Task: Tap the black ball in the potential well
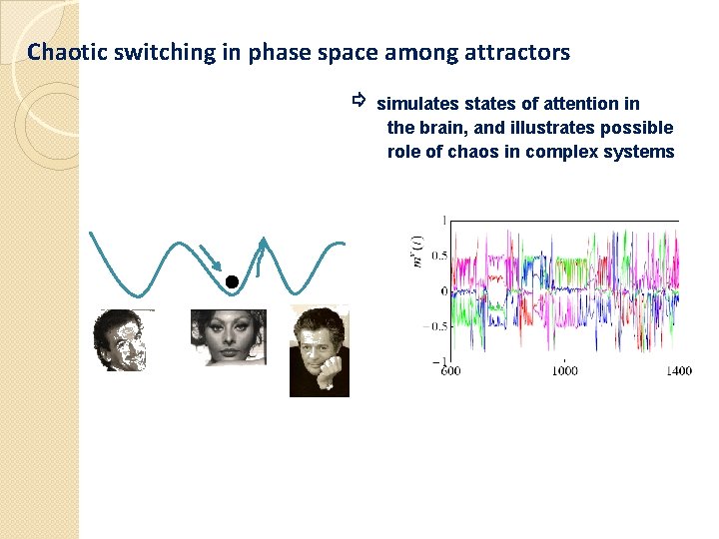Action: pos(231,282)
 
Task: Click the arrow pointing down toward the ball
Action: pos(212,258)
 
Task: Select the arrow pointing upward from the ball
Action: pos(261,256)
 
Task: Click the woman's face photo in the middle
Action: pos(229,337)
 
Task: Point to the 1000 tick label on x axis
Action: pos(564,371)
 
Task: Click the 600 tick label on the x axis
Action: pos(450,371)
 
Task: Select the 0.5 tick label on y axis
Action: pos(437,256)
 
